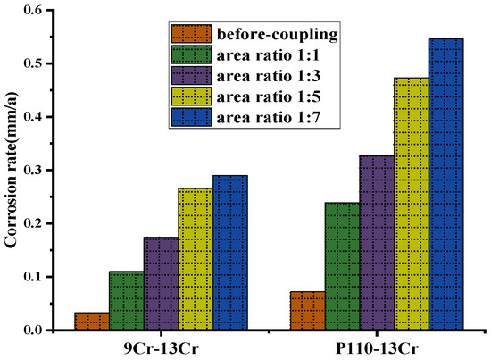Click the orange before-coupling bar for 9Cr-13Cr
92,321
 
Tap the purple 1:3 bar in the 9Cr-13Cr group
161,283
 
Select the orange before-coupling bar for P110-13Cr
306,311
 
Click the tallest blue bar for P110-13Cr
446,184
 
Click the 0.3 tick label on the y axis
34,170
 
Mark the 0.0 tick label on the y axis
34,330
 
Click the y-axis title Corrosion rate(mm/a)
12,170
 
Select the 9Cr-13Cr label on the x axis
161,347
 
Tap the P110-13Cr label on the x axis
377,347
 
